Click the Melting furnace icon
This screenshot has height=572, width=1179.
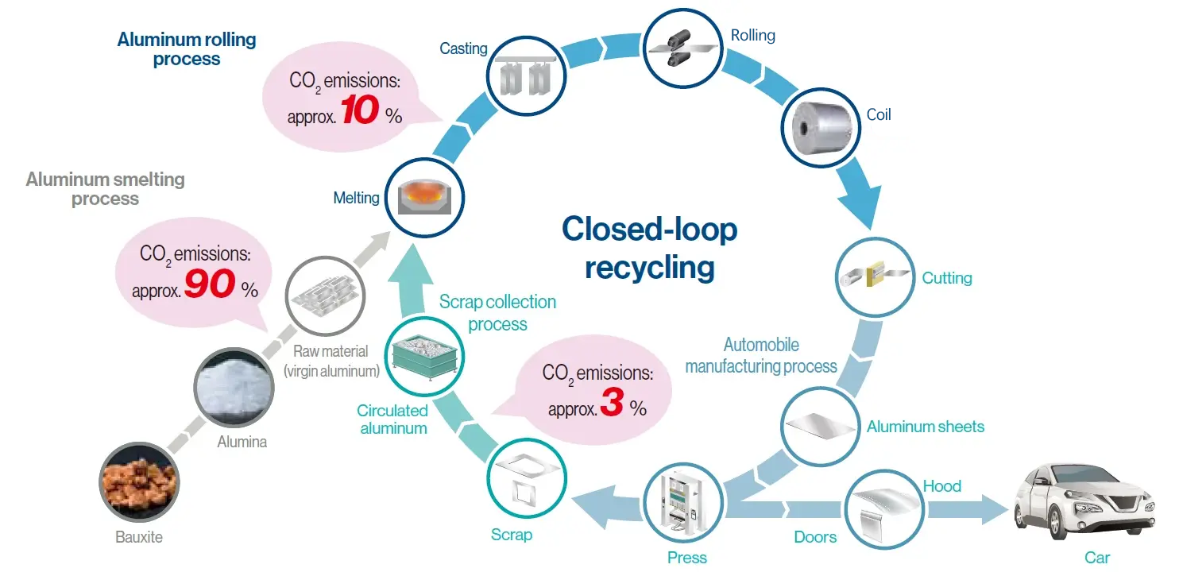click(x=424, y=196)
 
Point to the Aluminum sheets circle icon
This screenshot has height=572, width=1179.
click(x=820, y=427)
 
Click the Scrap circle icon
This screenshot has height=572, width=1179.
click(x=525, y=477)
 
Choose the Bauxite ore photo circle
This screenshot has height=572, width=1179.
click(x=140, y=483)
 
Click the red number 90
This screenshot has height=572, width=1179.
click(x=209, y=285)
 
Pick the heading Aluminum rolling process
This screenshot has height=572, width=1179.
click(x=187, y=48)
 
